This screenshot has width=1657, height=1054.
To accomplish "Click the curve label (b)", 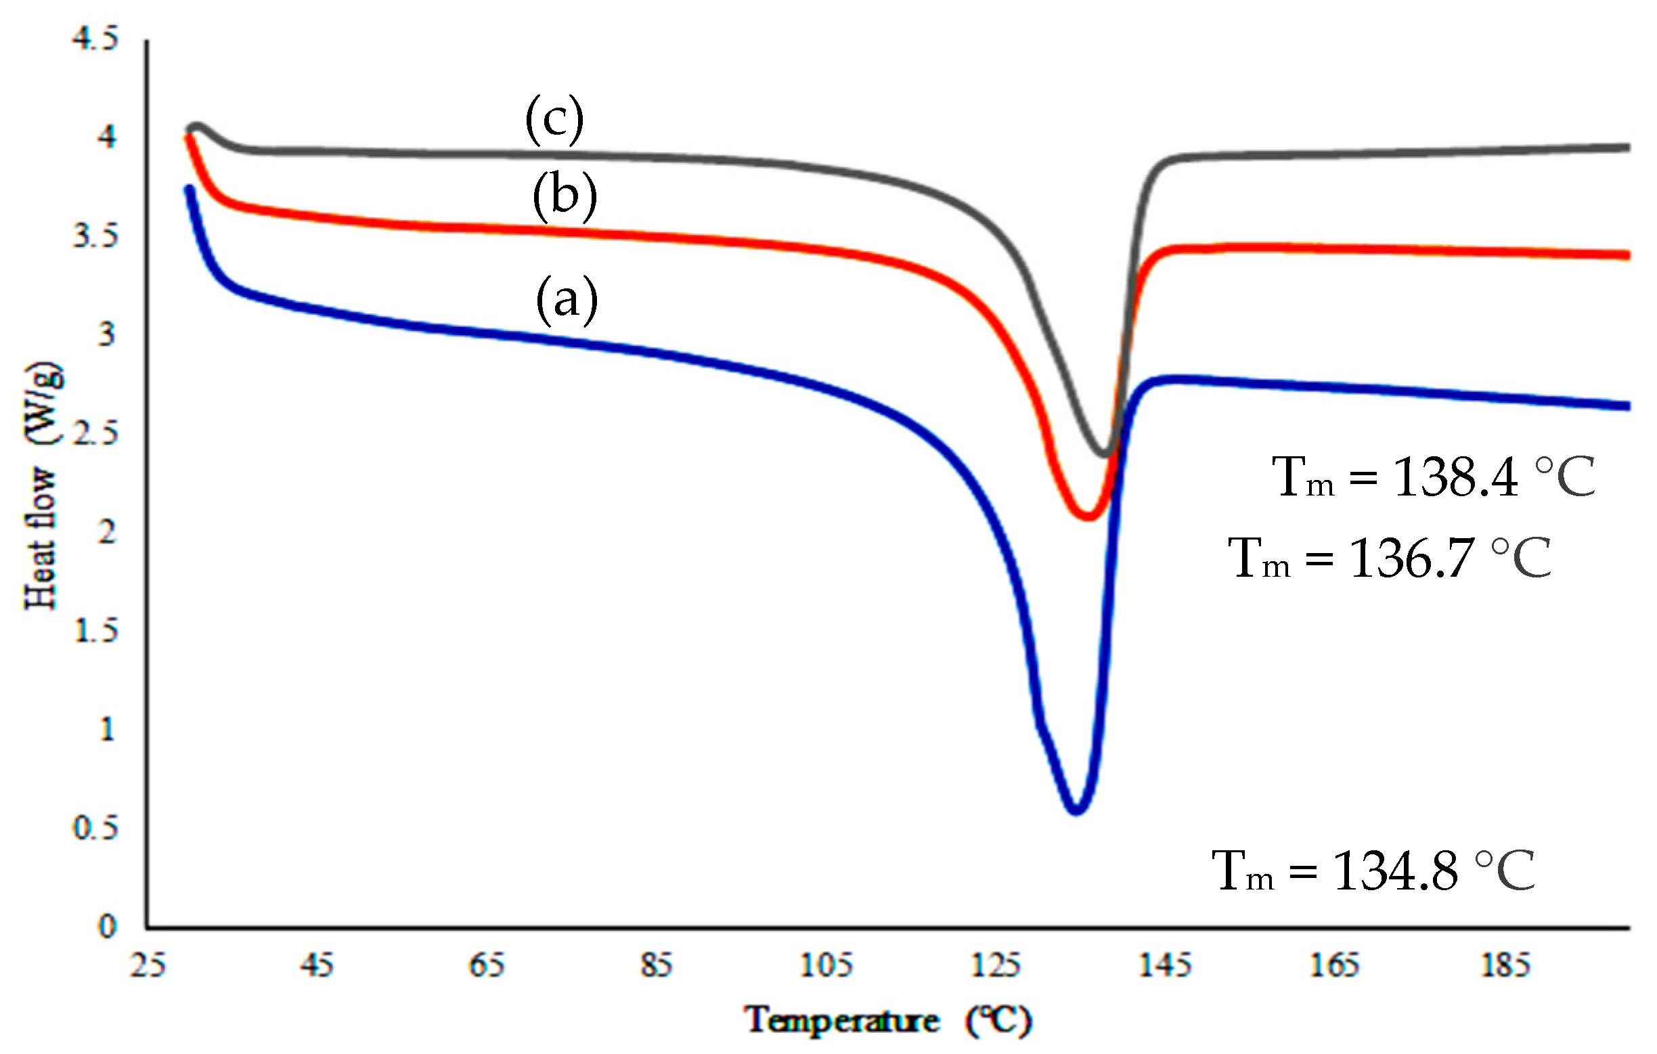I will (x=565, y=196).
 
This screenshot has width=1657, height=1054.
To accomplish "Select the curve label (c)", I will (x=554, y=119).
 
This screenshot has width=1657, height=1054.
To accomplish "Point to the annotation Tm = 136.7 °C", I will (x=1390, y=558).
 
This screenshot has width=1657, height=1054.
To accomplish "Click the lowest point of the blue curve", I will (x=1076, y=810).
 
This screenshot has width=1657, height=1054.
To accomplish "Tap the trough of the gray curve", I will (x=1105, y=454).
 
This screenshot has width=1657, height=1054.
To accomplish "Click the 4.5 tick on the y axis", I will (x=95, y=38).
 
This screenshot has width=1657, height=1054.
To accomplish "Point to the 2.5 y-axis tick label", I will (x=95, y=434).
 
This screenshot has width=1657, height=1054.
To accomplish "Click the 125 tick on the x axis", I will (x=995, y=965).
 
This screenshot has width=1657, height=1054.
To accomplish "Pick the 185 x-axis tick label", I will (x=1505, y=965).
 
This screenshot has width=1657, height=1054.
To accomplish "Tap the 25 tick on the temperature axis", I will (x=148, y=965).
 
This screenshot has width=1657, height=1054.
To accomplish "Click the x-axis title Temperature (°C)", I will (x=887, y=1020).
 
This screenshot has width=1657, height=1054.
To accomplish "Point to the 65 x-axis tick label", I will (x=487, y=965).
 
